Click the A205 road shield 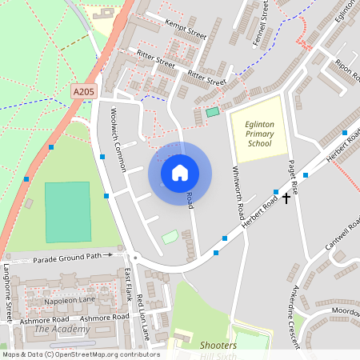coord(84,93)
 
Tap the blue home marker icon coord(180,173)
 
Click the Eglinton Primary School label coord(260,128)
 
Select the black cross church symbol coord(286,196)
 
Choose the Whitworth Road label coord(237,193)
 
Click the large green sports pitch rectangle coord(67,212)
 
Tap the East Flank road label coord(128,285)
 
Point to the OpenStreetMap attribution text coord(80,354)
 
